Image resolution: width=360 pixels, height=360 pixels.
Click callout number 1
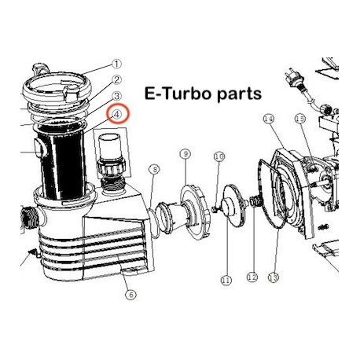[116, 64]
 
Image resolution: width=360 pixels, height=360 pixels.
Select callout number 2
[116, 79]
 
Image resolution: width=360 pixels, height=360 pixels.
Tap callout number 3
[116, 97]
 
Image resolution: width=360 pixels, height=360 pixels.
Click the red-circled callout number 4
[117, 114]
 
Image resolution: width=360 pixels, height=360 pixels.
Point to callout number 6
[130, 295]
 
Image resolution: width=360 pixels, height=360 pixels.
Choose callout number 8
[154, 170]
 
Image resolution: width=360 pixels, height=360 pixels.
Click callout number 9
[186, 154]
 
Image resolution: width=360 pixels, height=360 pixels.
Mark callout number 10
[219, 156]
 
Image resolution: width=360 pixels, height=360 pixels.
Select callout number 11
[226, 281]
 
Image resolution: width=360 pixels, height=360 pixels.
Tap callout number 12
[252, 277]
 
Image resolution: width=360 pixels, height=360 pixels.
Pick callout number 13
[274, 277]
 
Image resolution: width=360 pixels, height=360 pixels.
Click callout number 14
[268, 119]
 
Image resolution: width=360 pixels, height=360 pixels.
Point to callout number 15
[300, 119]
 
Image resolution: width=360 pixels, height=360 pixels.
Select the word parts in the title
[239, 94]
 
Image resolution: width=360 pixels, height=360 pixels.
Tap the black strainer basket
[62, 164]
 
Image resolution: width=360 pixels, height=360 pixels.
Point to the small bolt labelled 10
[215, 209]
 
